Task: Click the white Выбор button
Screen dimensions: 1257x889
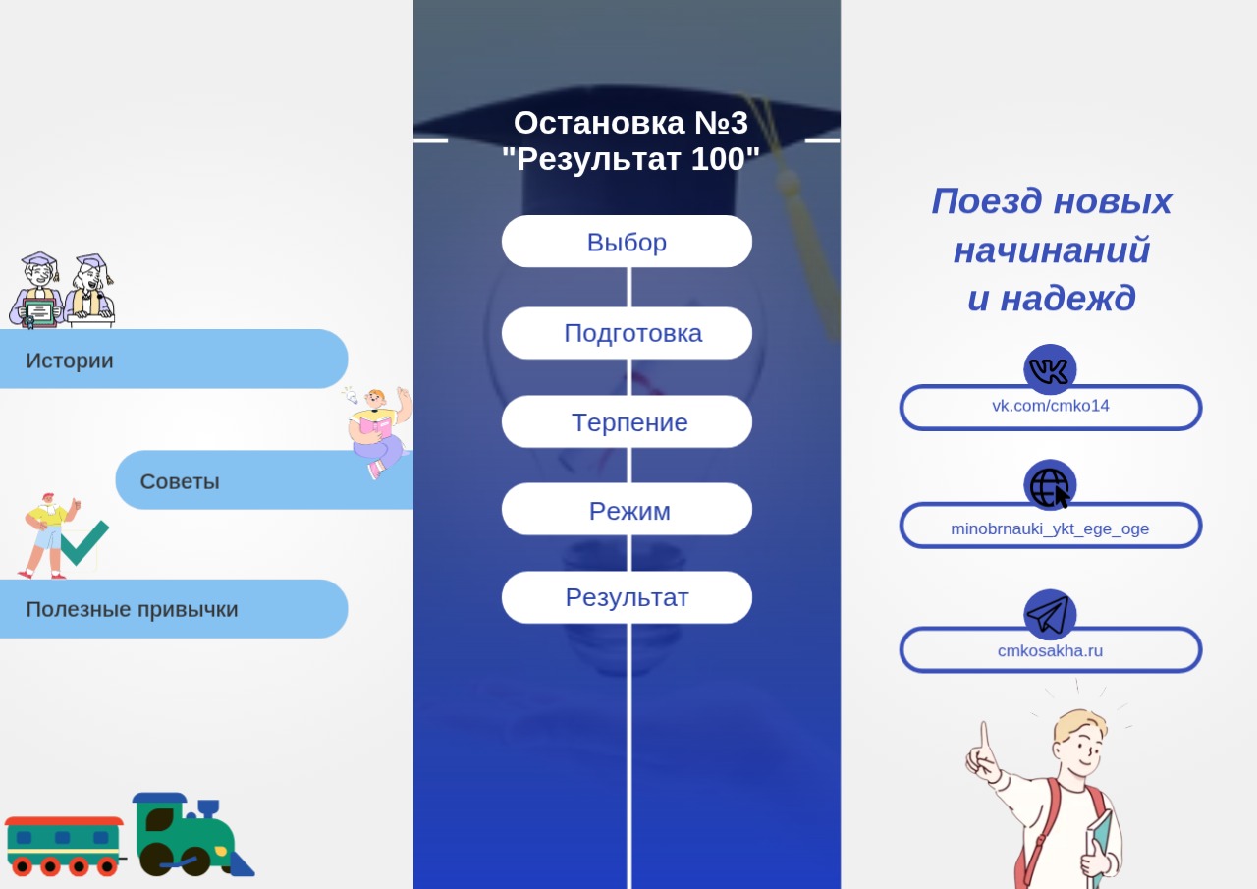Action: pos(627,242)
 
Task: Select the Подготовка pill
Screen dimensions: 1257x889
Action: pos(627,333)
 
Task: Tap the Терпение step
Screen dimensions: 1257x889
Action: pos(627,421)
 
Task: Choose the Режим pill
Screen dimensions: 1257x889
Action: pos(627,509)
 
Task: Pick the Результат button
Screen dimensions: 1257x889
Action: pos(627,597)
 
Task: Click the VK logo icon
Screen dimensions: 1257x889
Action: pos(1050,370)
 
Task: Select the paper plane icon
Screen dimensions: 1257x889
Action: pos(1050,615)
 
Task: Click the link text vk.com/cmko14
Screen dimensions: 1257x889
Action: pos(1051,406)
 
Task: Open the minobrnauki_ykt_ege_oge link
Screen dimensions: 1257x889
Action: pos(1050,528)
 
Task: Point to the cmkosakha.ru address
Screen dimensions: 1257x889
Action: pos(1050,650)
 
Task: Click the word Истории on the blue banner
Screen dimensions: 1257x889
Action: pos(70,361)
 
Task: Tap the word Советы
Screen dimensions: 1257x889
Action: pos(180,481)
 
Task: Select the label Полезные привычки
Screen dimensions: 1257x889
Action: pos(132,609)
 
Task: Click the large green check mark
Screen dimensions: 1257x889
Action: pos(84,542)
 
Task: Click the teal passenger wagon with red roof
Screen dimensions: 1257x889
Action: pos(64,846)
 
